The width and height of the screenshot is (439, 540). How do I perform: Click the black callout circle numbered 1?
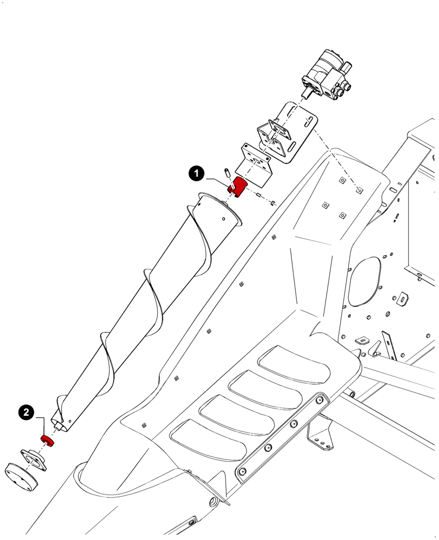pyautogui.click(x=196, y=173)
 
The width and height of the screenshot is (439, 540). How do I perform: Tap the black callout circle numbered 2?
pyautogui.click(x=26, y=412)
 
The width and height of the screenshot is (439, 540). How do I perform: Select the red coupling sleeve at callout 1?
pyautogui.click(x=238, y=187)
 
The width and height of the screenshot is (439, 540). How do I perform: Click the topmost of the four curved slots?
pyautogui.click(x=295, y=360)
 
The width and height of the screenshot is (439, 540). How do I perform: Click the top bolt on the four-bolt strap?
pyautogui.click(x=320, y=401)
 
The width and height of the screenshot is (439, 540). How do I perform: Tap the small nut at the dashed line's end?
pyautogui.click(x=274, y=203)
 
